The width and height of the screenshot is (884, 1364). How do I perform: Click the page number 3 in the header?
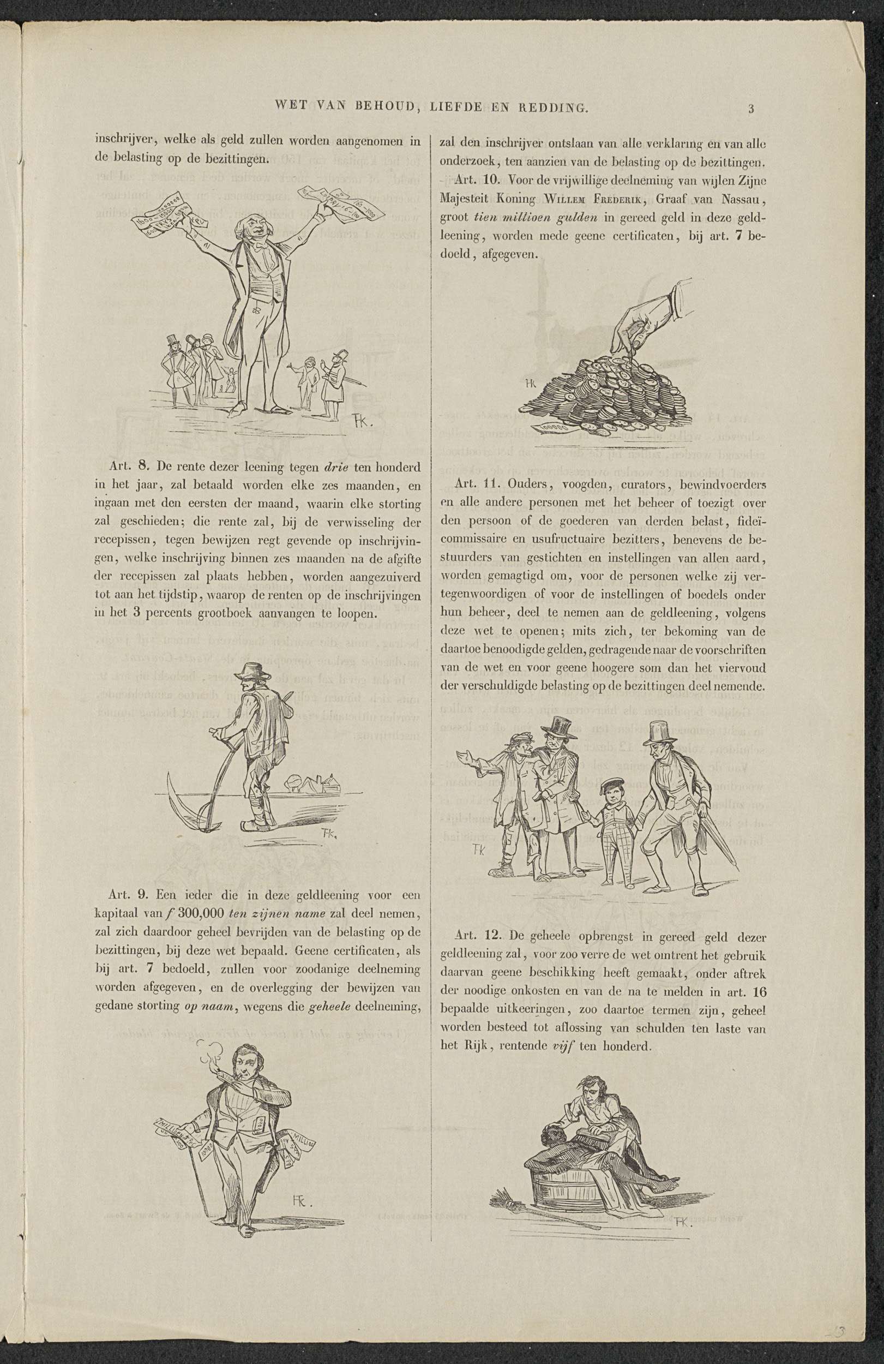[x=751, y=109]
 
